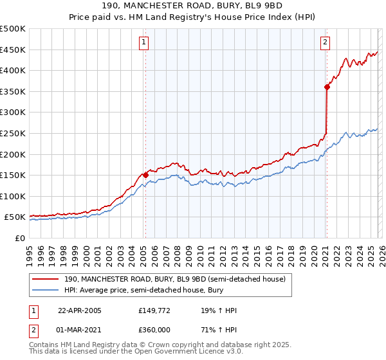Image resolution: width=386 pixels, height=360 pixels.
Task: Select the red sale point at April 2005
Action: coord(146,174)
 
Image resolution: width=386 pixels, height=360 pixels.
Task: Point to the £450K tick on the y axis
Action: coord(14,50)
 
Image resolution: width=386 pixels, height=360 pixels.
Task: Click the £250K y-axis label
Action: coord(14,133)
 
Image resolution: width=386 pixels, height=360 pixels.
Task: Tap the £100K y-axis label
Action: coord(14,196)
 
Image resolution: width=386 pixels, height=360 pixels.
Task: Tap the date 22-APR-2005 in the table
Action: coord(80,310)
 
